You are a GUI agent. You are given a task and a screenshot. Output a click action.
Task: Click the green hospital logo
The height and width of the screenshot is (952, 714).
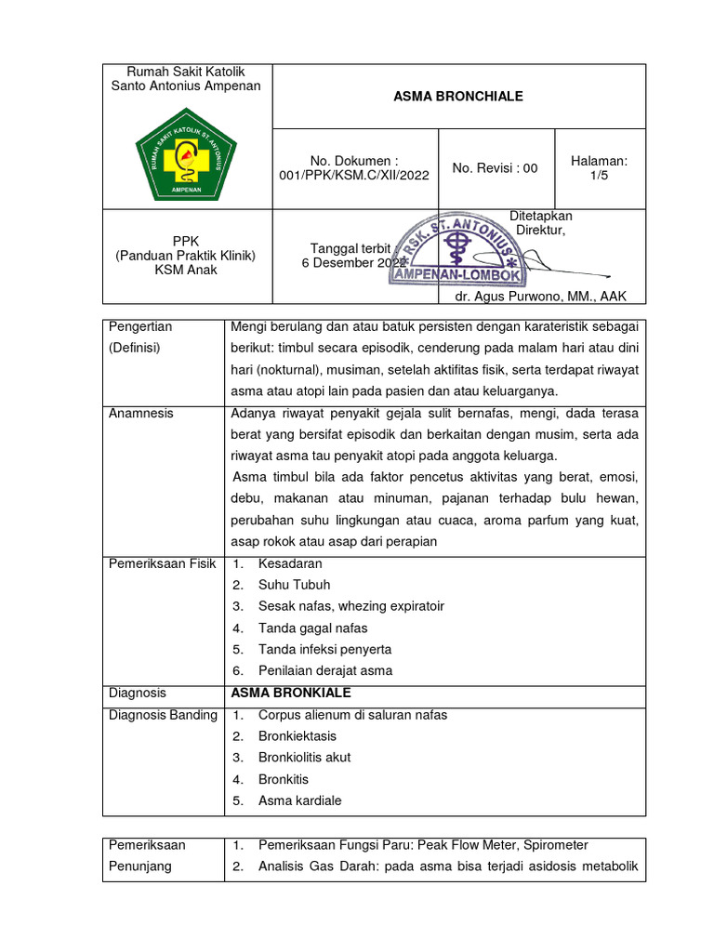click(x=186, y=153)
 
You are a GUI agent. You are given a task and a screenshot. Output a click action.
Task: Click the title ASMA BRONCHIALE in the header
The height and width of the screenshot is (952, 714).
click(x=458, y=97)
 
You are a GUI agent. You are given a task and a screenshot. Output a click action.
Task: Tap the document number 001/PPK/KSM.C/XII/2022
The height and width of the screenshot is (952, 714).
click(x=354, y=175)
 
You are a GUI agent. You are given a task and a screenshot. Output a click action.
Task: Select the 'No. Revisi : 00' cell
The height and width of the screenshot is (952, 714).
click(x=496, y=168)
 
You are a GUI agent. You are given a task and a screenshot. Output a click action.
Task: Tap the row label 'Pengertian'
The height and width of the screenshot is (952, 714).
click(x=140, y=326)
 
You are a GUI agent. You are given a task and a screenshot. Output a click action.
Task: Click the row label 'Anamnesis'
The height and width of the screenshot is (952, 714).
click(x=141, y=413)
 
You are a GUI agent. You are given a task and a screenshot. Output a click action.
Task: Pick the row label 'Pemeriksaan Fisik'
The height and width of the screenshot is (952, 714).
click(x=163, y=563)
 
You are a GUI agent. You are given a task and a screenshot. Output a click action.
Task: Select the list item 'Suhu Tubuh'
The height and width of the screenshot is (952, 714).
click(x=294, y=585)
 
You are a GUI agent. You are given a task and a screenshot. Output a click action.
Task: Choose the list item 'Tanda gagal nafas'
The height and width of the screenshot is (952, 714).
click(x=312, y=628)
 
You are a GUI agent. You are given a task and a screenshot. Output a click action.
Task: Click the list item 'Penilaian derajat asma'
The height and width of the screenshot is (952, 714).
click(x=325, y=670)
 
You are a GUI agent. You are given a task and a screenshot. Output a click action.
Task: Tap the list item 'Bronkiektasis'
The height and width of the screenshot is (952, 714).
click(x=297, y=735)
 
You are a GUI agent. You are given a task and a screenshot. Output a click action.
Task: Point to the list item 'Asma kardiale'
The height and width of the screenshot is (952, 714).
click(x=299, y=800)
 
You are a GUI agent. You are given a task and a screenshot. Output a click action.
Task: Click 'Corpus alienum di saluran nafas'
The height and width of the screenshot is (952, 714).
click(x=352, y=714)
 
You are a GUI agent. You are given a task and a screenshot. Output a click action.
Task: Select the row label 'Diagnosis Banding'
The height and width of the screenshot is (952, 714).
click(x=163, y=714)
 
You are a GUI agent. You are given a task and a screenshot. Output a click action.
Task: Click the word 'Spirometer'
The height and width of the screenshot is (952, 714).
click(x=555, y=845)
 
